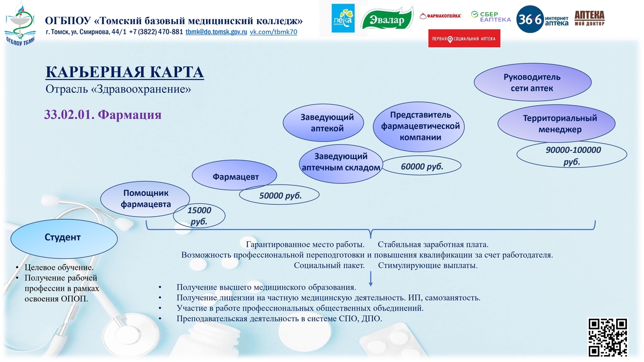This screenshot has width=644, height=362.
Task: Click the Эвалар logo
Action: (387, 18)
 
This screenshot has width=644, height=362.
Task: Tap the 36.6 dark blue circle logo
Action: (530, 19)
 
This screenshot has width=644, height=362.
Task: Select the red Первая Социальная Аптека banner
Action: (464, 38)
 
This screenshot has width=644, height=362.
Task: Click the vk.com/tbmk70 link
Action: (273, 32)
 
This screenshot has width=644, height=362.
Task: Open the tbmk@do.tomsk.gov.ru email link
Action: (216, 32)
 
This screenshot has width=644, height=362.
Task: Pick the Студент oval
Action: (64, 239)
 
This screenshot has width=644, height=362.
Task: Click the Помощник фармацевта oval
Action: (145, 199)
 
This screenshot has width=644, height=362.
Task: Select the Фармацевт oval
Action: (235, 175)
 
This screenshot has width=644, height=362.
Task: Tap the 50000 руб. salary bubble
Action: (279, 195)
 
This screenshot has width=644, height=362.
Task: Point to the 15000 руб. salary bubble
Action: (199, 216)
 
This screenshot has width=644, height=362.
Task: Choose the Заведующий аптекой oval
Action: (323, 123)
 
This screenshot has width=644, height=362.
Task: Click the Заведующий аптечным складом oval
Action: (341, 164)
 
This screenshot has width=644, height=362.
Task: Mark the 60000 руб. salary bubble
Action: (421, 166)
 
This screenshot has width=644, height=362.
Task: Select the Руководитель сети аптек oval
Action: (532, 82)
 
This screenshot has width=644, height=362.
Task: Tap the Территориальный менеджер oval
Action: (557, 123)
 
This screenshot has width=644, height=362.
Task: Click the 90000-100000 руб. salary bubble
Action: (572, 155)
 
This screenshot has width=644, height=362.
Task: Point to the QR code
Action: (607, 337)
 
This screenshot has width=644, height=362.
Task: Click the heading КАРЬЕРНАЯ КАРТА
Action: (125, 72)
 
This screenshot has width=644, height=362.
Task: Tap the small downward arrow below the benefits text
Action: (371, 279)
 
